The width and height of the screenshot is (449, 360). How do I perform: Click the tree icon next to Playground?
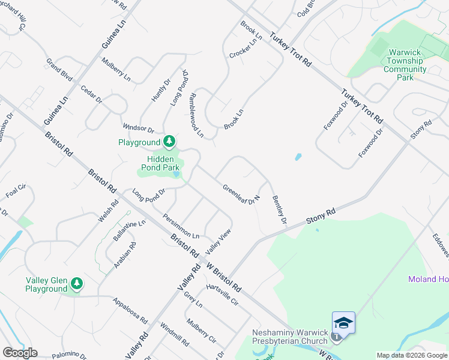(x=170, y=142)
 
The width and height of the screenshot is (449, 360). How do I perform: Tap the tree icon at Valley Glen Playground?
(x=76, y=283)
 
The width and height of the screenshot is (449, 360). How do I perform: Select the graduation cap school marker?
(x=343, y=323)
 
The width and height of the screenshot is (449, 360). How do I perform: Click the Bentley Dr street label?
(x=279, y=210)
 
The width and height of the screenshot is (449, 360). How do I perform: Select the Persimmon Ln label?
(x=181, y=226)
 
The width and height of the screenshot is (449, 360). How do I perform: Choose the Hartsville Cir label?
(x=222, y=295)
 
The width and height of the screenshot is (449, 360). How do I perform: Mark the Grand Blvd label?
(x=59, y=68)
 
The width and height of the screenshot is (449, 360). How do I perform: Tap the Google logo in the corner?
(x=20, y=353)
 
